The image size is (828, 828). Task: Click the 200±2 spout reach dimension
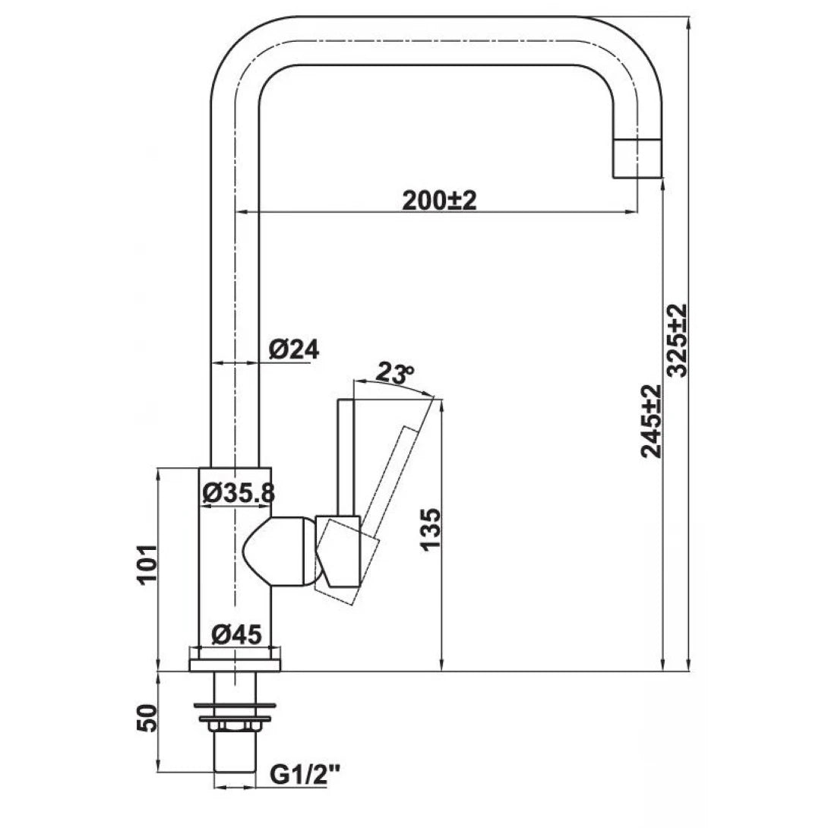click(x=438, y=200)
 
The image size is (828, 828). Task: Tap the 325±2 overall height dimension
click(x=676, y=340)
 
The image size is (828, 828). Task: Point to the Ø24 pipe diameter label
click(x=293, y=349)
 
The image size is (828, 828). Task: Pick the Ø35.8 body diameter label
click(x=238, y=493)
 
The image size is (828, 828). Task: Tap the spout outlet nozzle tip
click(x=637, y=159)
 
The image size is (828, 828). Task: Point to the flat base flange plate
click(x=235, y=665)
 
